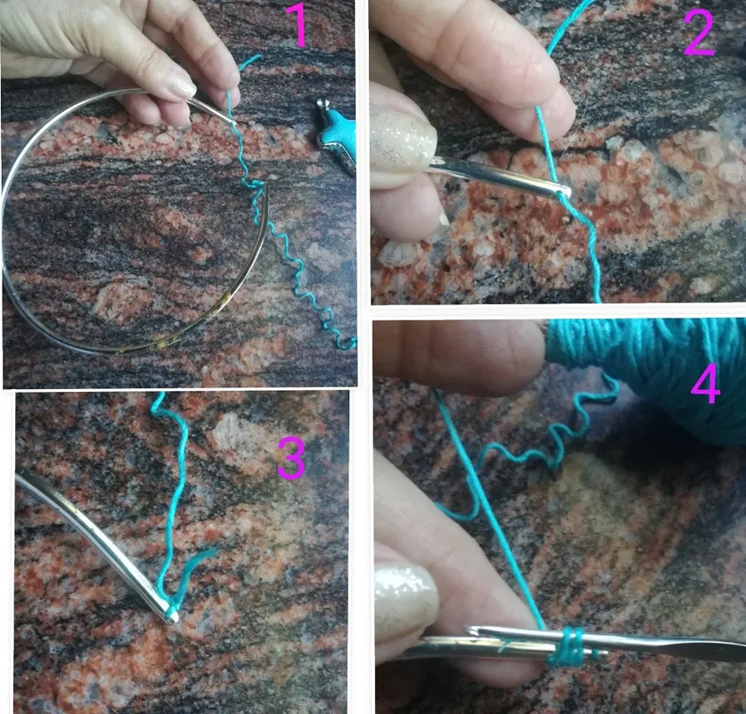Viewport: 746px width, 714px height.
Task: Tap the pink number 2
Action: (x=700, y=32)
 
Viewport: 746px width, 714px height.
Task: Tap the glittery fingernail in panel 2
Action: (x=403, y=142)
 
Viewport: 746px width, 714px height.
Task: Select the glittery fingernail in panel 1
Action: (x=182, y=87)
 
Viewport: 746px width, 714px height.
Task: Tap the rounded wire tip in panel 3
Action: (x=172, y=617)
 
